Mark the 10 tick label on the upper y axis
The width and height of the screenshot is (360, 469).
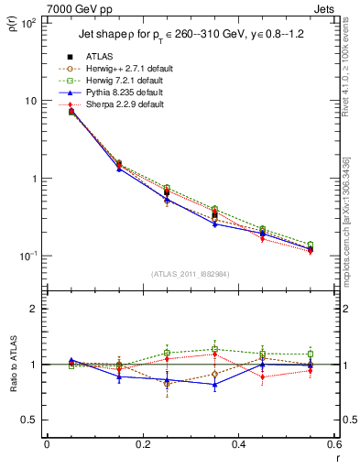[x=30, y=101]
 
